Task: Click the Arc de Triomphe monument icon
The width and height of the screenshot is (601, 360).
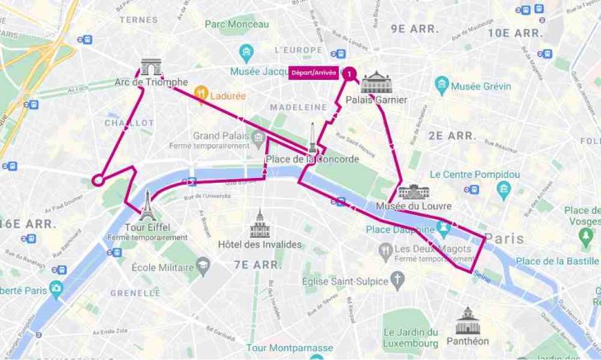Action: pos(151,67)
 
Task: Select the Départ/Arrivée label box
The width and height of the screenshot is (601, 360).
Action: pos(313,73)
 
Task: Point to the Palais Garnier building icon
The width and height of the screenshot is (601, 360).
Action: pos(377,82)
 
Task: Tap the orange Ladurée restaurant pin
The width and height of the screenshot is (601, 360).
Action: pos(200,96)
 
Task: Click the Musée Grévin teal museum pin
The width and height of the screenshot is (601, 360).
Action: pos(443,85)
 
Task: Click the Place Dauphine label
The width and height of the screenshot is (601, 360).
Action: pos(400,229)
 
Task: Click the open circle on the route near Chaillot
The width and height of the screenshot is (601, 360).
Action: pos(97,179)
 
